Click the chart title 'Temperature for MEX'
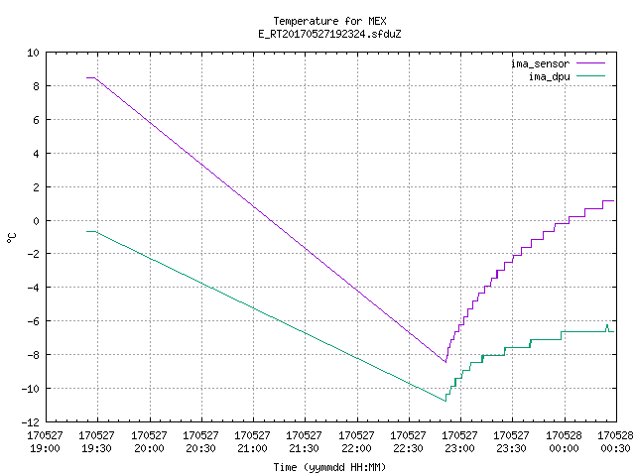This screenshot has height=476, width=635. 329,21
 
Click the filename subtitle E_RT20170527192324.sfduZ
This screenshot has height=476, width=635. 329,34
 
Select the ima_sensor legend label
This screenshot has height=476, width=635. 541,63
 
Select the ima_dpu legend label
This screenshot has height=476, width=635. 550,76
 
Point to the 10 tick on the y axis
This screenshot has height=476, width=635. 33,53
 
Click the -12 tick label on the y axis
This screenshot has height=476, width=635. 31,422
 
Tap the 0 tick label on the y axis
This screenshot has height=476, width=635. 37,221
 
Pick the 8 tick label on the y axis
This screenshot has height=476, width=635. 37,86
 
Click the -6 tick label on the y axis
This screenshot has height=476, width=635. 33,321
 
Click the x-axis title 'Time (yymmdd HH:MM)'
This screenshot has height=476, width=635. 329,467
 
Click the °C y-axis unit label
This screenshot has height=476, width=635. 11,238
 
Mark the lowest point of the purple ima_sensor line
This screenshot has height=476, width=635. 445,362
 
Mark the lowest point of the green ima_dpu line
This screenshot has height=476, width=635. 445,401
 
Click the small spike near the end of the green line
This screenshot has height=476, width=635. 607,325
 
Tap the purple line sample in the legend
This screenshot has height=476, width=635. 590,63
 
